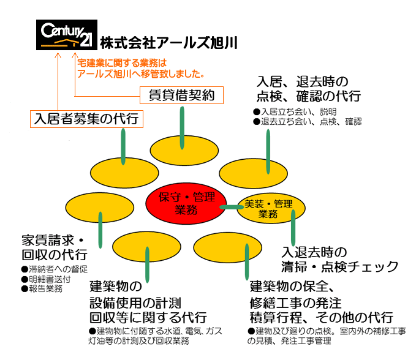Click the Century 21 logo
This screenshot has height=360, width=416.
click(x=67, y=35)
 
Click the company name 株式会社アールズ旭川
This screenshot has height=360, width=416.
click(x=168, y=43)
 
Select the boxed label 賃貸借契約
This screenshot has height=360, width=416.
click(x=182, y=95)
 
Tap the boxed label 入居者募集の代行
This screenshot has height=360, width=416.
click(x=86, y=119)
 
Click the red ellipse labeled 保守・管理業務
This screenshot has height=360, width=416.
click(x=186, y=204)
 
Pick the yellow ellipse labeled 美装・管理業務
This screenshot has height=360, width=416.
click(x=271, y=208)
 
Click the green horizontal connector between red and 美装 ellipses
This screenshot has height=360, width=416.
click(x=232, y=207)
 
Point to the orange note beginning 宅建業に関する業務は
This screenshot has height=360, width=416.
click(x=141, y=69)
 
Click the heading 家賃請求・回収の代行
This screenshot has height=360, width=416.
click(x=55, y=247)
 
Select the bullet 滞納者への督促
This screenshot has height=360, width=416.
click(x=55, y=269)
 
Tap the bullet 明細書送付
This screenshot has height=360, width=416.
click(x=46, y=279)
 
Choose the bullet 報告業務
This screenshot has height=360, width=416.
click(x=42, y=289)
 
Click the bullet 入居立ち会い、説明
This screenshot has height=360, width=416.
click(x=295, y=111)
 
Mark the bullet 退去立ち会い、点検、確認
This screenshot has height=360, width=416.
click(x=307, y=122)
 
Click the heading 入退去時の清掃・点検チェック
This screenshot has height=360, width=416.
click(x=339, y=260)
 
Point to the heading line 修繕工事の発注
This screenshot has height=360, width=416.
click(x=295, y=302)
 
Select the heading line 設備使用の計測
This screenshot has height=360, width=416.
click(x=135, y=302)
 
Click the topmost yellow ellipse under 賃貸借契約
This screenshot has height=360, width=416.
click(x=184, y=151)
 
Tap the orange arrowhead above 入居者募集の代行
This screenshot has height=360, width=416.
click(x=58, y=56)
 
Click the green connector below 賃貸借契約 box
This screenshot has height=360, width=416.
click(x=182, y=128)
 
